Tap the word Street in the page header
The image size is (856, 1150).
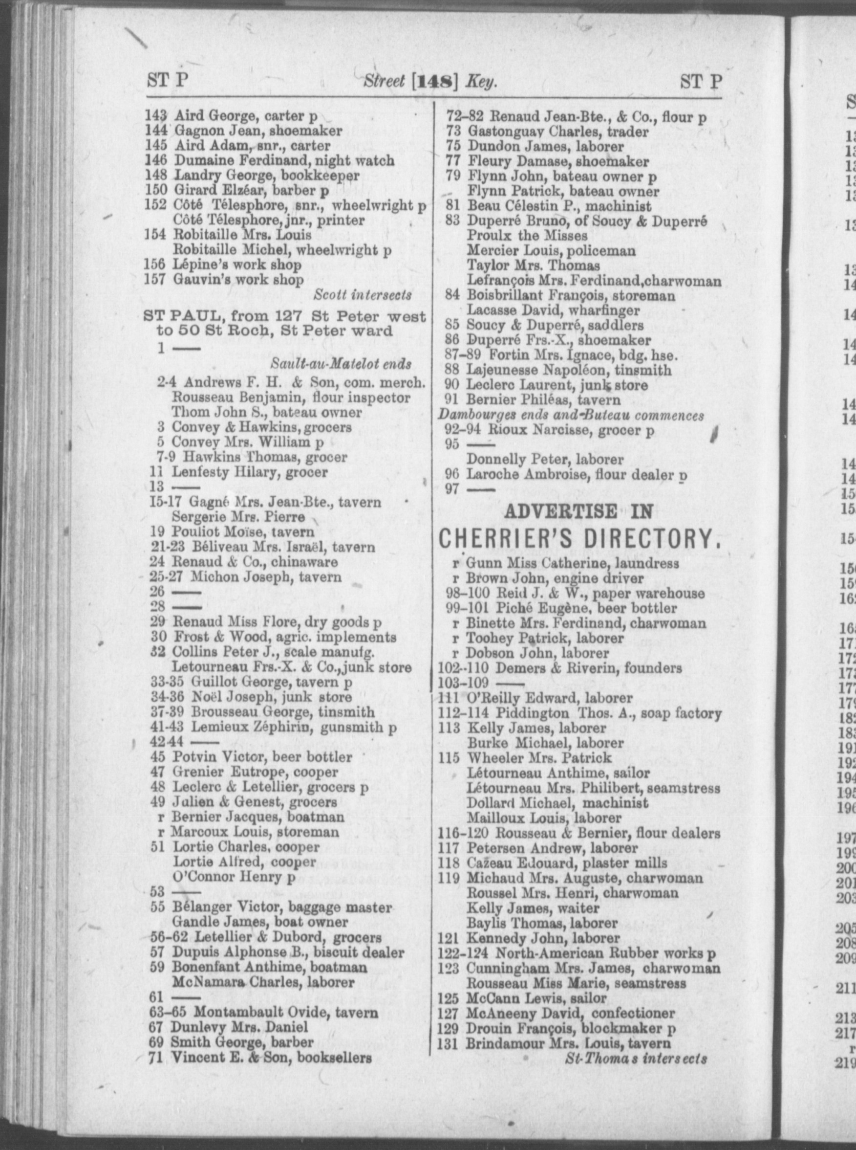384,81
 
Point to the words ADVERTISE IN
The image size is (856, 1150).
578,511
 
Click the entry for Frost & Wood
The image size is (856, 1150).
284,637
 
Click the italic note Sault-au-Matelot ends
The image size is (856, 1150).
341,363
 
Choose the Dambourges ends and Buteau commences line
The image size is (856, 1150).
571,415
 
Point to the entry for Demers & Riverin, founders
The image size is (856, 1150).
588,668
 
